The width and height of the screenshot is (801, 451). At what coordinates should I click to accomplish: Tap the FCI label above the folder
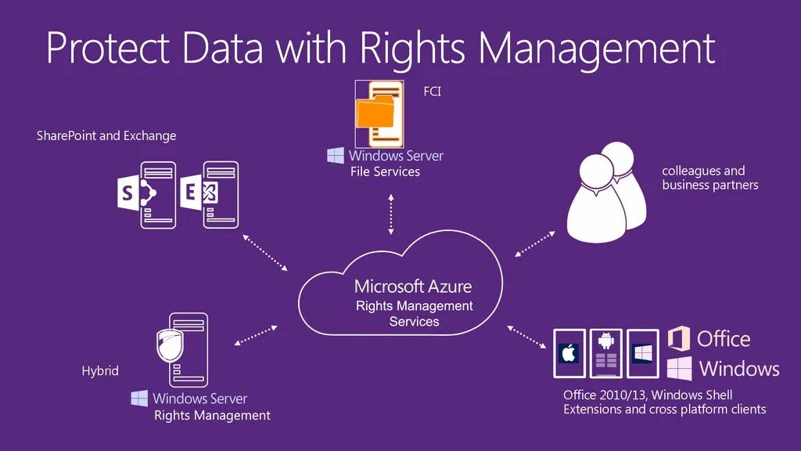(433, 92)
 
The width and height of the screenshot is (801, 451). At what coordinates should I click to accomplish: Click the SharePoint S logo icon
(127, 193)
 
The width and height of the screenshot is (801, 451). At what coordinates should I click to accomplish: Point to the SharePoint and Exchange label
(106, 135)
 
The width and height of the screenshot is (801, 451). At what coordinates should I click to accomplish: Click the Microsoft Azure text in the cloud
(413, 286)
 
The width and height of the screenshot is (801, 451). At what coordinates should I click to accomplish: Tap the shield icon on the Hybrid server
(170, 342)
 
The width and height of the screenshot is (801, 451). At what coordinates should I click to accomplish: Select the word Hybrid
(100, 370)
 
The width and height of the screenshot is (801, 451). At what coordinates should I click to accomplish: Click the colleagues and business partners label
(709, 178)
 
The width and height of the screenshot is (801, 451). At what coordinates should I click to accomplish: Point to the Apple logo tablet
(569, 353)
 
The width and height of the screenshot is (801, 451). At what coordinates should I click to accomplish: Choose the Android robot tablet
(605, 352)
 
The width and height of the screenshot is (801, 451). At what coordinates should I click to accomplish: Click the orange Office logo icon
(679, 339)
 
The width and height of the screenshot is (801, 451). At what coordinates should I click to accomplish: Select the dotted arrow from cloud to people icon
(535, 244)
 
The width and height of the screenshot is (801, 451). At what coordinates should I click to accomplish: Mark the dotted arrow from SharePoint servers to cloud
(265, 252)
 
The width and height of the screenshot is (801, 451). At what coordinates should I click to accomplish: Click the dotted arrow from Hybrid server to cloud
(256, 334)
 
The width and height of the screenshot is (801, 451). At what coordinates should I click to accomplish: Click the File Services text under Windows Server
(385, 171)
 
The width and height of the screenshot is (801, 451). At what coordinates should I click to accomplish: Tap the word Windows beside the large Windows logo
(739, 369)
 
